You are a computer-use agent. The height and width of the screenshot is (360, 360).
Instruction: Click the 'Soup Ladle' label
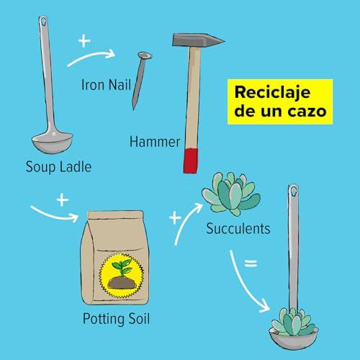point(58,167)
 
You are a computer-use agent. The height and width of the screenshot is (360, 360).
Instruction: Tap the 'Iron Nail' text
point(106,85)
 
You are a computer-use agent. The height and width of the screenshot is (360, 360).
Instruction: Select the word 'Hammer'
point(155,142)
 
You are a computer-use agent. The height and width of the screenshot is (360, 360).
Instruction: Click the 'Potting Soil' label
point(116,319)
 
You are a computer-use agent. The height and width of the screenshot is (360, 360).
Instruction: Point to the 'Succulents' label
point(238,228)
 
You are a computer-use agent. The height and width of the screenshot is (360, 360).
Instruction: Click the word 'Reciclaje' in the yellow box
point(272,93)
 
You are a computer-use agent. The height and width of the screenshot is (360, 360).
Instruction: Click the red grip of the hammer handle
point(191,161)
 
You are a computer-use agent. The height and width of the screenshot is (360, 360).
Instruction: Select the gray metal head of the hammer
point(198,40)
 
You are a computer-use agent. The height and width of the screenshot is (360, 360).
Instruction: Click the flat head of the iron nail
point(145,55)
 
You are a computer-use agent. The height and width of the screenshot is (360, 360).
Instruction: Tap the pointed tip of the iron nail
point(134,109)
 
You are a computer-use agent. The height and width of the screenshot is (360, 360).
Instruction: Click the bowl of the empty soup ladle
point(52,143)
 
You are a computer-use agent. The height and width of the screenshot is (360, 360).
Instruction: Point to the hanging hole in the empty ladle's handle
point(43,22)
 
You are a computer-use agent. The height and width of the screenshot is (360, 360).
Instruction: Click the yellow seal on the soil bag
point(122,276)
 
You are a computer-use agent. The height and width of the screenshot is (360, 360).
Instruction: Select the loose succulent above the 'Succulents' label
point(231,194)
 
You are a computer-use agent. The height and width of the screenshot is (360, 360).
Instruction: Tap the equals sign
point(251,264)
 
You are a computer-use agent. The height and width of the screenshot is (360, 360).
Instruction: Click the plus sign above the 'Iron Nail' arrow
point(84,41)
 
